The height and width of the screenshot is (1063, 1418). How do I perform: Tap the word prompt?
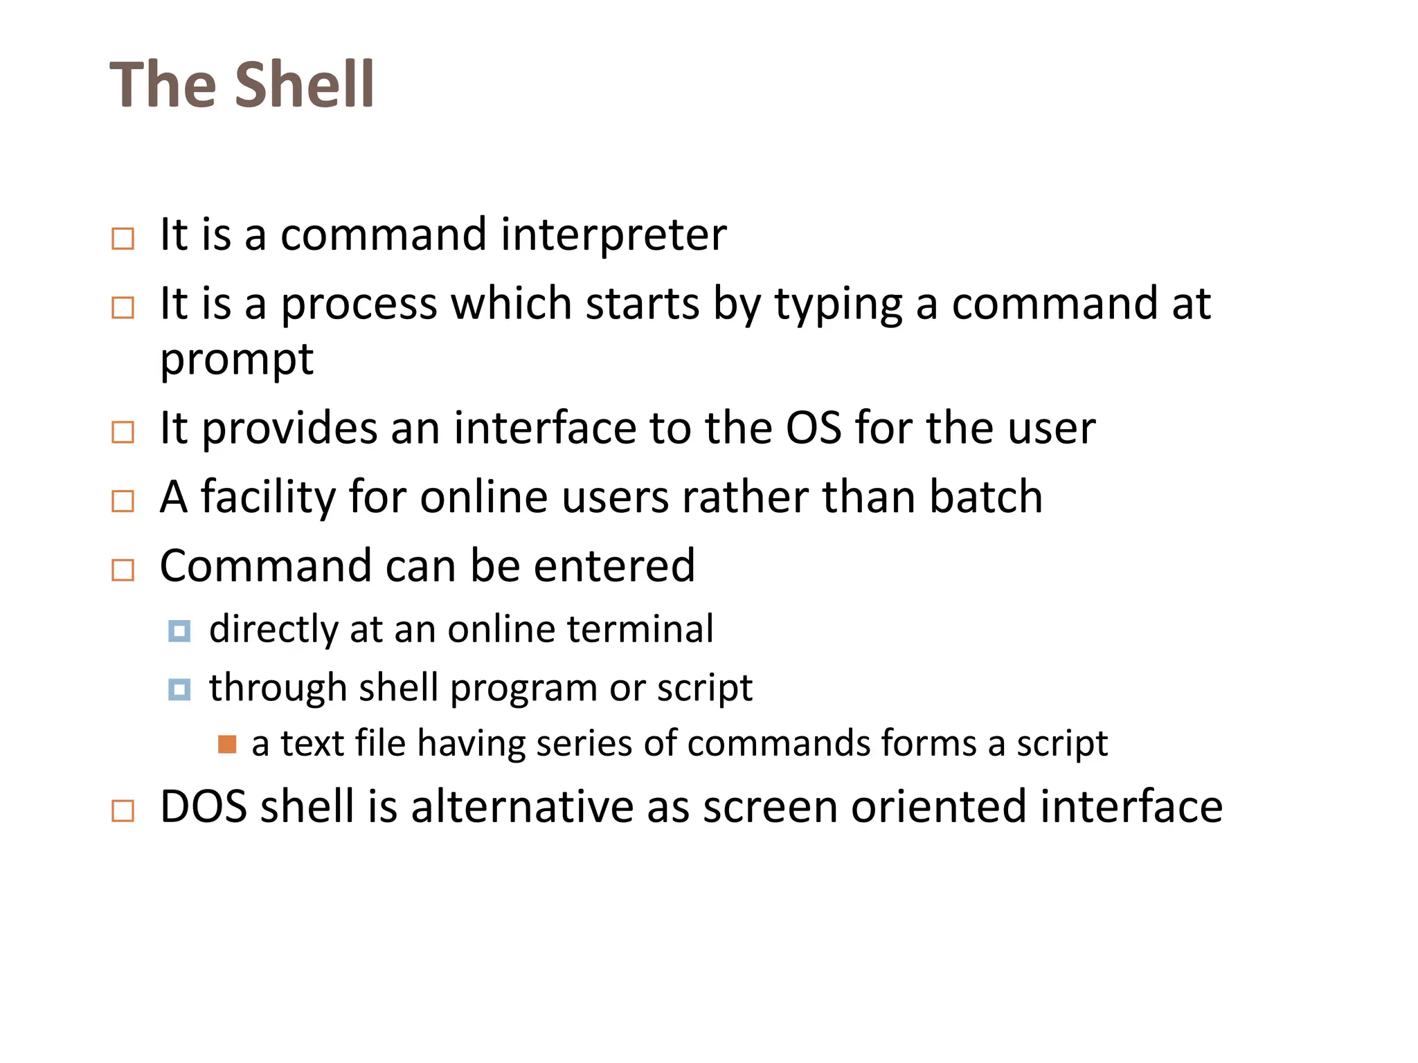point(237,360)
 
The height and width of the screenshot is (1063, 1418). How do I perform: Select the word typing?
point(838,305)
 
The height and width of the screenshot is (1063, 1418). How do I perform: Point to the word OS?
point(813,428)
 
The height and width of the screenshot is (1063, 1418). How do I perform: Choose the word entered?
point(614,566)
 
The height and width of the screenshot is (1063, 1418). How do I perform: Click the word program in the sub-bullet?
point(523,689)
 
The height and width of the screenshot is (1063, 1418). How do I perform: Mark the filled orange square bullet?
point(227,745)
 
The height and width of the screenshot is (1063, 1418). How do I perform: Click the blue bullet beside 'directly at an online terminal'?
point(179,631)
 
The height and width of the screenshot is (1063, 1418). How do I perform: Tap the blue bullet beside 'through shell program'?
point(179,690)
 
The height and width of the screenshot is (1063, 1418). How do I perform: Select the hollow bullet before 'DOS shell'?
point(123,810)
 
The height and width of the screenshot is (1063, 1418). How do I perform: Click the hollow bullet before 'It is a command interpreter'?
point(123,239)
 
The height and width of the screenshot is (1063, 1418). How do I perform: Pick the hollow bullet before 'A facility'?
point(123,501)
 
